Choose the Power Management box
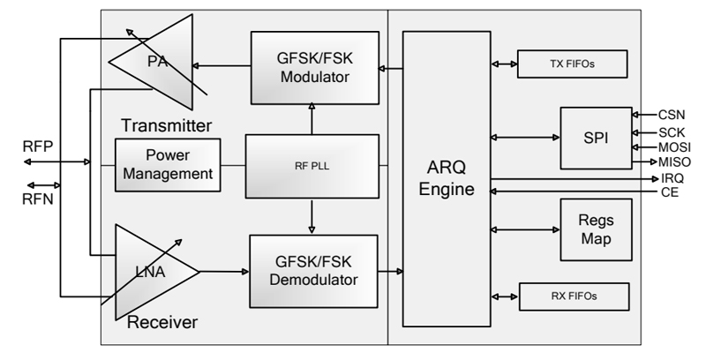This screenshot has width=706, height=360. pyautogui.click(x=168, y=166)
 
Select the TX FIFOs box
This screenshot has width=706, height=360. pyautogui.click(x=571, y=64)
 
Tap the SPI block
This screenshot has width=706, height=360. pyautogui.click(x=596, y=138)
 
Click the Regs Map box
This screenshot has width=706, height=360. pyautogui.click(x=596, y=229)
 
